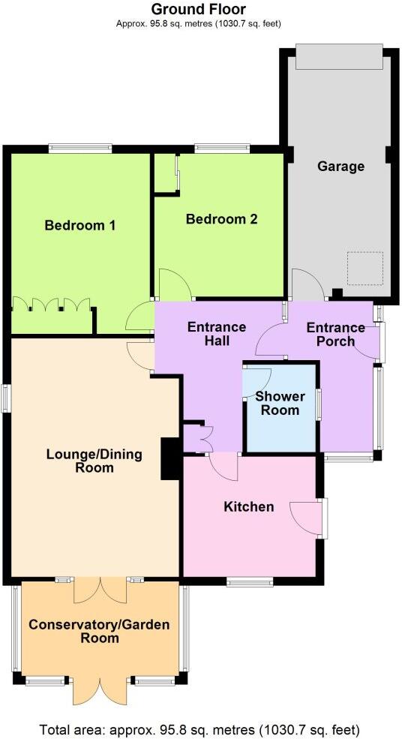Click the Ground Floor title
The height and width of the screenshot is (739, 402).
[x=198, y=10]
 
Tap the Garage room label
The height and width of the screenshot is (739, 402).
[x=340, y=166]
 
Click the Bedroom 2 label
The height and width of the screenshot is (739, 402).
[x=222, y=219]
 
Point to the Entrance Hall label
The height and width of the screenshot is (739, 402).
[x=217, y=334]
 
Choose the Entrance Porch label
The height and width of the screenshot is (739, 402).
[x=335, y=335]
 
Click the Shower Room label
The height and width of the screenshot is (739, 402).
[x=277, y=403]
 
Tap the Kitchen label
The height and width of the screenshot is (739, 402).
[x=249, y=507]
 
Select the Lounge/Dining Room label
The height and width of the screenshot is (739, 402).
[x=90, y=461]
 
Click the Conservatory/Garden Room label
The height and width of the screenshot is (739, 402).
[x=99, y=631]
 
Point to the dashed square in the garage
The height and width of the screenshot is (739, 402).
[x=364, y=269]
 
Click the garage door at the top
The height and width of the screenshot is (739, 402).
[x=338, y=56]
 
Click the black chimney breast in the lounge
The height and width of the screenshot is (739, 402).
[x=170, y=458]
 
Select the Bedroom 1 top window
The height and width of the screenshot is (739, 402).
[x=80, y=149]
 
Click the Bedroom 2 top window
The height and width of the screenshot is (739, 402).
[x=217, y=149]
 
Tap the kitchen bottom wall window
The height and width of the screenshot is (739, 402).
[x=250, y=581]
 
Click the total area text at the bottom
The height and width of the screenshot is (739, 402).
[x=199, y=728]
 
